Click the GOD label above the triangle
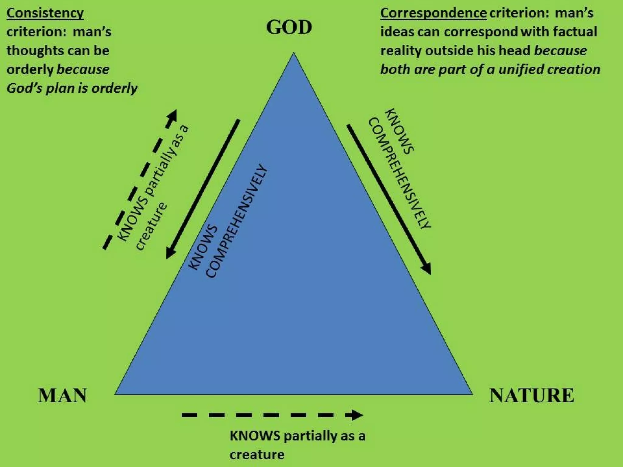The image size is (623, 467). (x=289, y=27)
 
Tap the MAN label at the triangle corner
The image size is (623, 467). (x=62, y=396)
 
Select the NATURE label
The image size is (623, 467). (x=532, y=396)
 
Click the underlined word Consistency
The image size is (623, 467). (x=45, y=13)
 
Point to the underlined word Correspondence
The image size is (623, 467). (x=433, y=13)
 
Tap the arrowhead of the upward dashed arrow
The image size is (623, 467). (x=172, y=116)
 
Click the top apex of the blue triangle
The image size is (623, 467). (x=293, y=54)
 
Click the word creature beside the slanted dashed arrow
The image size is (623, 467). (x=151, y=227)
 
